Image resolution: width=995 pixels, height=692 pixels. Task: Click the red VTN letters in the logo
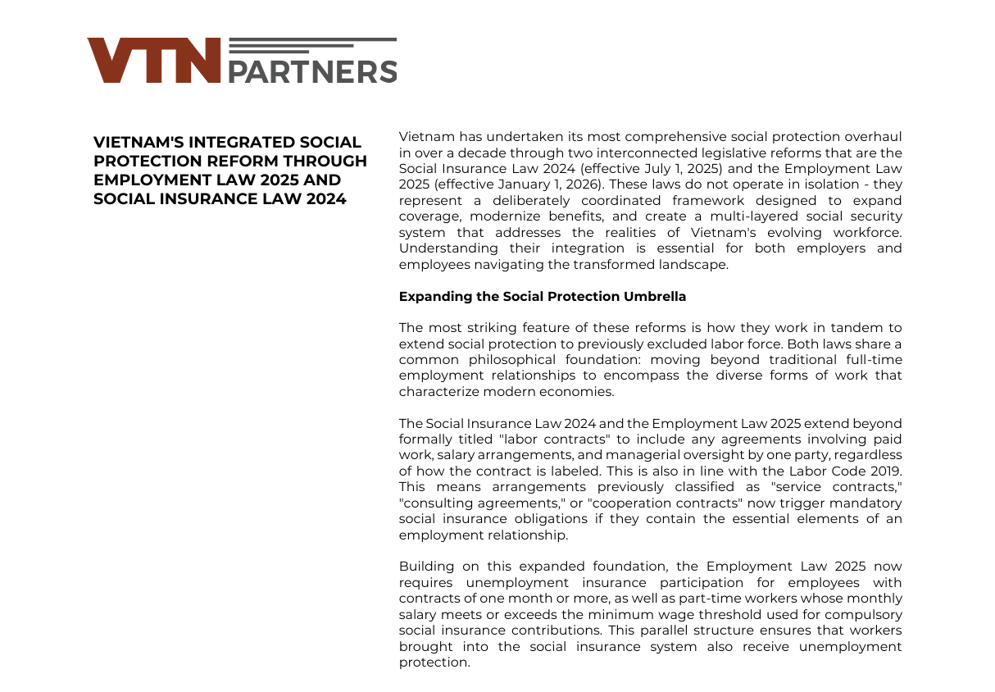click(154, 61)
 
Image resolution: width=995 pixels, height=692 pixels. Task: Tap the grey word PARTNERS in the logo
click(311, 72)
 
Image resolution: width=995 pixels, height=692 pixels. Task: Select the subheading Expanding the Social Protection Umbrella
click(542, 297)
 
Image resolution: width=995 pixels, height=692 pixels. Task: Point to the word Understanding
click(437, 248)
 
